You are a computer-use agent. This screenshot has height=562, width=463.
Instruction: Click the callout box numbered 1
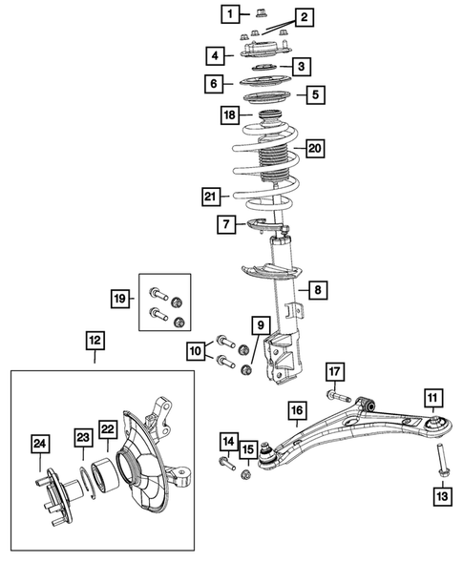pyautogui.click(x=229, y=13)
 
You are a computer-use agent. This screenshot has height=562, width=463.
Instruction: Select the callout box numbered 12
pyautogui.click(x=95, y=339)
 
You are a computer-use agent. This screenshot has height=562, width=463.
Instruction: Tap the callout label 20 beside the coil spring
pyautogui.click(x=314, y=150)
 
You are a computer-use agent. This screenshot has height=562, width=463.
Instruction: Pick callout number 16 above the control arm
pyautogui.click(x=296, y=410)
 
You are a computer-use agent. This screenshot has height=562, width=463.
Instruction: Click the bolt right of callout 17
pyautogui.click(x=345, y=394)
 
